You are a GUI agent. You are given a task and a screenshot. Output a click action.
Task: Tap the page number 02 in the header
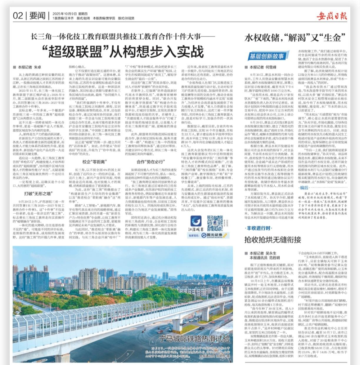(x=18, y=15)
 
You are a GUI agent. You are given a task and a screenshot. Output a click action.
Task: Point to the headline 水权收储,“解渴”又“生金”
(x=293, y=39)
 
